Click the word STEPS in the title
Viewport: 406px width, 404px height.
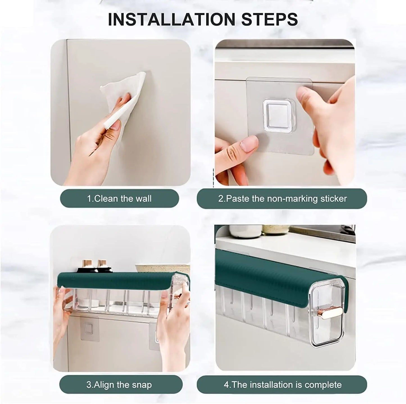(269, 19)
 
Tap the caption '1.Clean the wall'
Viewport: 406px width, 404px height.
(119, 198)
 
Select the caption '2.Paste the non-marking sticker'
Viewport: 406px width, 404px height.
(282, 198)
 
